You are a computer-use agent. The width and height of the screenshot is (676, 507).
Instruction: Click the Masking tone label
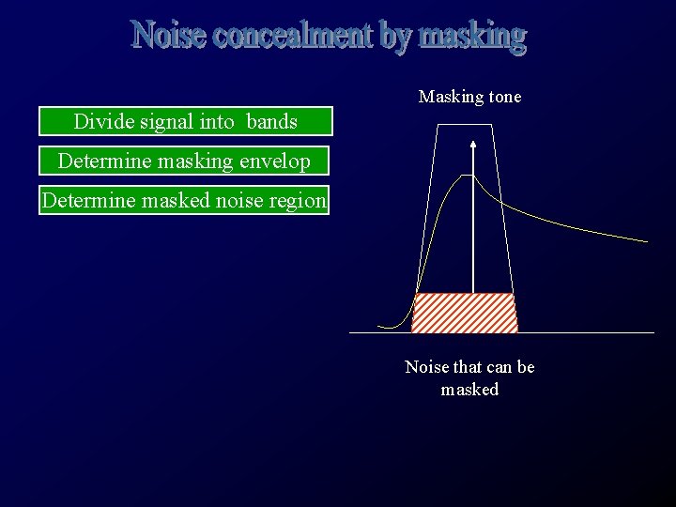[x=469, y=97]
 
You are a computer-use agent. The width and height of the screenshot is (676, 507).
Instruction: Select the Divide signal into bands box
[x=186, y=121]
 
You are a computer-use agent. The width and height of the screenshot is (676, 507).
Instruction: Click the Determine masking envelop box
[x=184, y=161]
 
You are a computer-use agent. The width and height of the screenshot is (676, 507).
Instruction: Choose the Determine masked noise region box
[x=184, y=200]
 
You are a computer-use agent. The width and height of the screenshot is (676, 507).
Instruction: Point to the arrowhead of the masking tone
[x=473, y=144]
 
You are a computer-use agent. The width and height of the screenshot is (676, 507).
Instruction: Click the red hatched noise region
[x=465, y=313]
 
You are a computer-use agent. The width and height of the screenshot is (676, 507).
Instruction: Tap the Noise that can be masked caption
[x=469, y=377]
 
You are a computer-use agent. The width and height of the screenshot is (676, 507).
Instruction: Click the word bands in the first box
[x=272, y=121]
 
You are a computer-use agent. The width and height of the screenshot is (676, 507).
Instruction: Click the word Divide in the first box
[x=99, y=121]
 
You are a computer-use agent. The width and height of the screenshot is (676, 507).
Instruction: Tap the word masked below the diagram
[x=469, y=389]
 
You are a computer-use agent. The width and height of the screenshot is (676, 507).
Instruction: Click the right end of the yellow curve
[x=647, y=241]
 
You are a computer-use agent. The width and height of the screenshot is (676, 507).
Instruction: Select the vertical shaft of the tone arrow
[x=473, y=225]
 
